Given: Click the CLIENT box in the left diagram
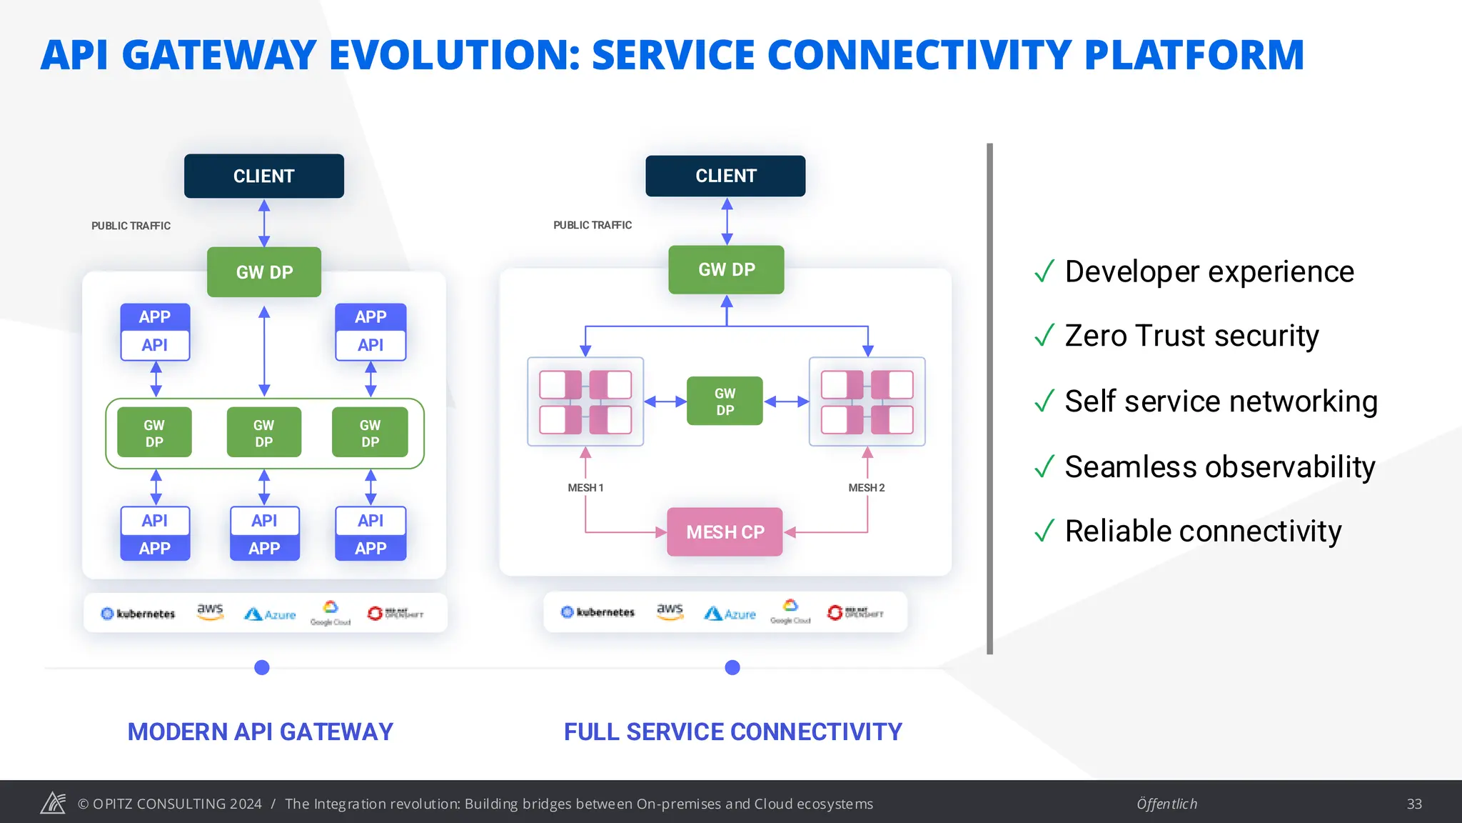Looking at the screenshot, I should point(263,176).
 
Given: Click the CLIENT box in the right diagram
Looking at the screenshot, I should point(725,176).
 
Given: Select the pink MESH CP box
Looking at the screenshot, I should point(725,532).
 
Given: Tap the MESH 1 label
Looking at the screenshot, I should point(585,488).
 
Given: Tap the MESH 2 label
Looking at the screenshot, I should point(866,488).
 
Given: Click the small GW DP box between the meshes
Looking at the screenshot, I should point(725,401).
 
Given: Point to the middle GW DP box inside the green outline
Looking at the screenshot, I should point(263,432).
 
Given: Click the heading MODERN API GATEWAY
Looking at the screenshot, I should point(260,732).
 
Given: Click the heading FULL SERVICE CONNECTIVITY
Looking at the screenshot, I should point(732,732).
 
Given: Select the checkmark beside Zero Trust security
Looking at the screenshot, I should point(1044,335).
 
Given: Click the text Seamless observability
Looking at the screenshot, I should point(1219,467).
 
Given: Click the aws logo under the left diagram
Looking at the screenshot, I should point(210,612).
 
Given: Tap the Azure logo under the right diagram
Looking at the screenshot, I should point(730,614).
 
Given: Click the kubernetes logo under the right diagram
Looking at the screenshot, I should point(598,612).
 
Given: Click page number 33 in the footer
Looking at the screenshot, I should point(1413,804).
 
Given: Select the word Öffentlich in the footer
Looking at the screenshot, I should point(1166,804).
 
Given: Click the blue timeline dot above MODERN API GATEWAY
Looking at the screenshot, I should point(262,667).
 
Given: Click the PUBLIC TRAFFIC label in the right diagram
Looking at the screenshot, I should point(593,225).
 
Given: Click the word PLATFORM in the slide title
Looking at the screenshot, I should point(1194,56).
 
